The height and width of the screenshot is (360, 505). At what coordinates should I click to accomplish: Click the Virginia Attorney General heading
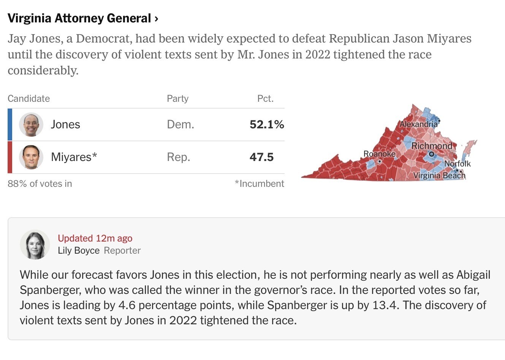82,18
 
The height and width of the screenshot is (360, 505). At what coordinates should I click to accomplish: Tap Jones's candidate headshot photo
31,125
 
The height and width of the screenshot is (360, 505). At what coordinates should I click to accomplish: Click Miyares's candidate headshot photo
31,157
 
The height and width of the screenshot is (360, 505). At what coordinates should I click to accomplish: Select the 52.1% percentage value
267,125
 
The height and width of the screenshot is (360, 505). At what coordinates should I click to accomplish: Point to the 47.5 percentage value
261,157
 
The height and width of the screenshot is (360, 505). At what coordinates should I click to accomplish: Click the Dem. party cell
180,125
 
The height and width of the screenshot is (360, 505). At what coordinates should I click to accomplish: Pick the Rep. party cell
179,157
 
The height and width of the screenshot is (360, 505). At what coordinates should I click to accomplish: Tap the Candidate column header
29,99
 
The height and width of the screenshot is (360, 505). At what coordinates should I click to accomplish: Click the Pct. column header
265,99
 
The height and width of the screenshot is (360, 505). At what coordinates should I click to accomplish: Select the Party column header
177,99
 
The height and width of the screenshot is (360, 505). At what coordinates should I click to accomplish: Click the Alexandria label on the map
418,124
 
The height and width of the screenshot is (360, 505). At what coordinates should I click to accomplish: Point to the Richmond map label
432,146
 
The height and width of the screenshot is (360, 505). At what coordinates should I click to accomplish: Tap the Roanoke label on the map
379,154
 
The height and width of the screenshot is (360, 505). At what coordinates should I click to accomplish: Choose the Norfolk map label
458,164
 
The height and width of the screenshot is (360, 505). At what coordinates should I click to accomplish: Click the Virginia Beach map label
439,175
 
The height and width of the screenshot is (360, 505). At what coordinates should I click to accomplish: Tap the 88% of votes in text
40,184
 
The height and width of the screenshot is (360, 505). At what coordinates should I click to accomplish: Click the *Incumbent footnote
260,184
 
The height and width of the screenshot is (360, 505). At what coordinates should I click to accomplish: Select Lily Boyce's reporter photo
35,245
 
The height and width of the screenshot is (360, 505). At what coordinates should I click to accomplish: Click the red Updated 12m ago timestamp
95,238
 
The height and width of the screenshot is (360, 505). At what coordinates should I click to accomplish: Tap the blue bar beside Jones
10,125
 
